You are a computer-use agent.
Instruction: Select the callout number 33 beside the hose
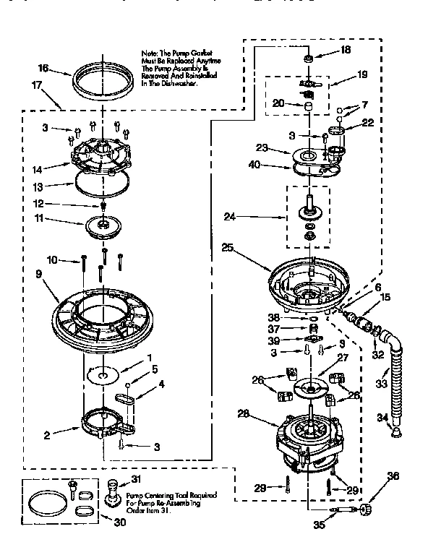(382, 384)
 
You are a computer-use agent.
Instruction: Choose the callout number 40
(253, 165)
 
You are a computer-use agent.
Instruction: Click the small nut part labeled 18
(308, 57)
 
